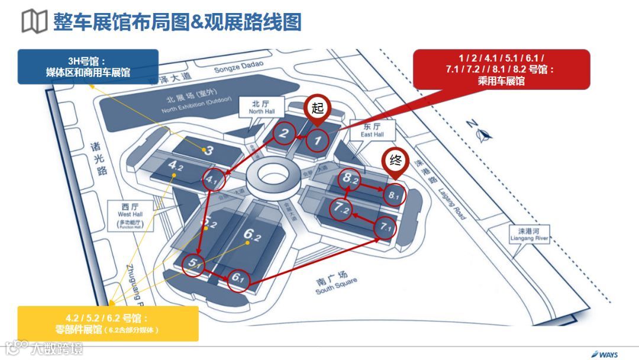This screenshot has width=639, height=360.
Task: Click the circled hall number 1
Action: [x=317, y=140]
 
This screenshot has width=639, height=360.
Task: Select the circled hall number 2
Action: [x=284, y=134]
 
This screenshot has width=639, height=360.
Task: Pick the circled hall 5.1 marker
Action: [x=193, y=264]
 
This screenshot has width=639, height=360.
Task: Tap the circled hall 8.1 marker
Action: [x=393, y=194]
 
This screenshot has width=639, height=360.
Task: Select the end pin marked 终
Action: [x=394, y=160]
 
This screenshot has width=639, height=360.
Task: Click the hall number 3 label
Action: [x=209, y=150]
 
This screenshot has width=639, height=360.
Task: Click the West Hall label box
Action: [x=127, y=213]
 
